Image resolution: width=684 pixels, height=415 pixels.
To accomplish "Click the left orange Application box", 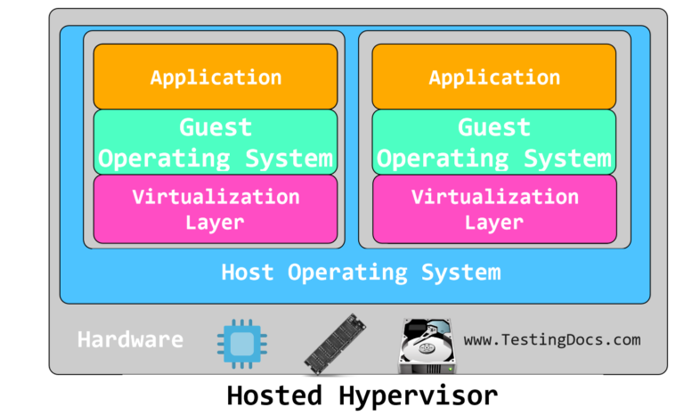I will [x=216, y=77].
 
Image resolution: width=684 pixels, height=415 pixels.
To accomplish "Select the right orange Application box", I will [x=494, y=77].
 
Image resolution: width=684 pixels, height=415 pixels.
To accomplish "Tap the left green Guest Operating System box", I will [x=216, y=142].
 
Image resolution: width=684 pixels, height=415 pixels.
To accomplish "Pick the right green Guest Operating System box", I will [x=494, y=142].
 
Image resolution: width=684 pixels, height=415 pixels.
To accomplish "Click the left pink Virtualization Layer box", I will [x=216, y=209].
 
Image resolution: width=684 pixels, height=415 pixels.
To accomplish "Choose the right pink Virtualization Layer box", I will [x=494, y=209].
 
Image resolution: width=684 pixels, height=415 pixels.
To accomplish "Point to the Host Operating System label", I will [x=361, y=272].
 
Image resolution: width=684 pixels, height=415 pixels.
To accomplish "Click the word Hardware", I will [x=130, y=339].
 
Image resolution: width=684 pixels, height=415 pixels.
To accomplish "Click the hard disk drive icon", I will [x=427, y=343].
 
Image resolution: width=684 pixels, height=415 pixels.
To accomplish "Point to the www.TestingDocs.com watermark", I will [x=551, y=339].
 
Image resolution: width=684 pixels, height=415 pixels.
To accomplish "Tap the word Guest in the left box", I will [x=216, y=127].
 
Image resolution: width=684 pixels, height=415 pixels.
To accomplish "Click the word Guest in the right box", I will [x=494, y=127].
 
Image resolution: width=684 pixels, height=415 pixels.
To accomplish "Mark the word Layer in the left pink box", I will [x=216, y=223].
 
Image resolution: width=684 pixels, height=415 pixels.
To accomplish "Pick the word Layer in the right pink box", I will [x=494, y=223].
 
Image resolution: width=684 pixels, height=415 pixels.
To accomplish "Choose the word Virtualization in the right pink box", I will [x=494, y=196].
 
